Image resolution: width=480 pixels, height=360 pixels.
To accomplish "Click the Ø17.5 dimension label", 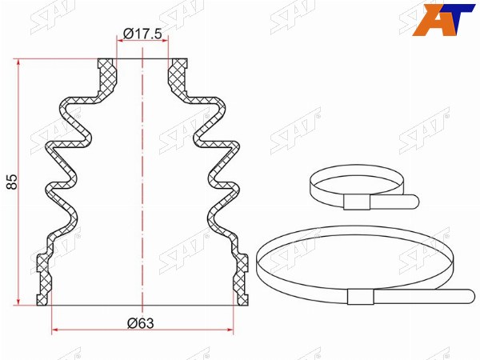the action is [142, 34].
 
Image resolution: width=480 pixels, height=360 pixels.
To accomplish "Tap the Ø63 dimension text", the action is [141, 323].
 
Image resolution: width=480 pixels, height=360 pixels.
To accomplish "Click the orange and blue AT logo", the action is [444, 20].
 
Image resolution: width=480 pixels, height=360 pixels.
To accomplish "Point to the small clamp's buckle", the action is [357, 202].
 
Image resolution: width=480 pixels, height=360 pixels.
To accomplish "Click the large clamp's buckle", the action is [361, 297].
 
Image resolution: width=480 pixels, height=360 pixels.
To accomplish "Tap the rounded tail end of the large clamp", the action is [470, 296].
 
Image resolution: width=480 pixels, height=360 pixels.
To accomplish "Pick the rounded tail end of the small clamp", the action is [414, 202].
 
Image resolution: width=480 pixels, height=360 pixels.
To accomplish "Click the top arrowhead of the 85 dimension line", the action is [19, 62].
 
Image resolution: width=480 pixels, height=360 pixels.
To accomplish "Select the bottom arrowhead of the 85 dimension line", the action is [19, 302].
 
